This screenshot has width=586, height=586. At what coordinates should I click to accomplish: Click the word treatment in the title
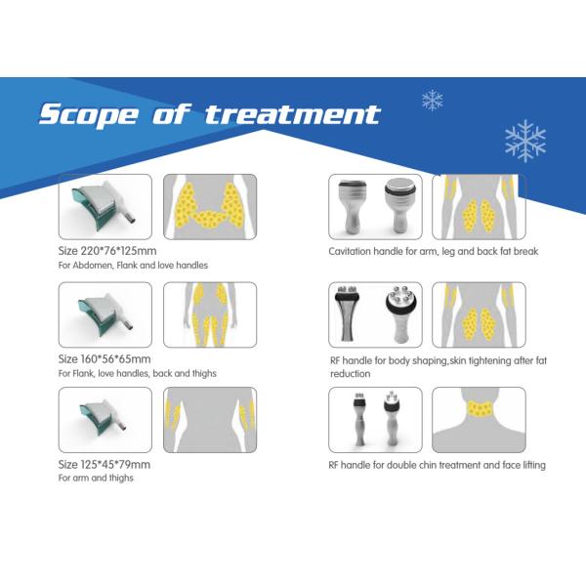pos(292,114)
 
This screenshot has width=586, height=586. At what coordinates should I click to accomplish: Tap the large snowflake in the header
pos(524,141)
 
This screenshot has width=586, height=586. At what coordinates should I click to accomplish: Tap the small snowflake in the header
pos(431,100)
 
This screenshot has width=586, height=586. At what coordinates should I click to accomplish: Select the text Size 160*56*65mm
pos(105,359)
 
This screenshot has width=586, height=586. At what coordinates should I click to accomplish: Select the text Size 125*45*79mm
pos(105,464)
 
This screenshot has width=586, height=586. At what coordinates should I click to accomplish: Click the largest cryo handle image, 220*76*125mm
pos(105,206)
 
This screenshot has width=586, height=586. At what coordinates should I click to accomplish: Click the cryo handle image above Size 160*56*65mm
pos(105,314)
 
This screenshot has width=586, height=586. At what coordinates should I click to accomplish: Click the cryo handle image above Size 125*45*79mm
pos(105,419)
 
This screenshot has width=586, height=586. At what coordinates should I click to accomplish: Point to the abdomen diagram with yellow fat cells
pos(209,206)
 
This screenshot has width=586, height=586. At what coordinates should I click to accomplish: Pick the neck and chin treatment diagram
pos(479,419)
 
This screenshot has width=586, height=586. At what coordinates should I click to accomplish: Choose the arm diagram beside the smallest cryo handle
pos(209,419)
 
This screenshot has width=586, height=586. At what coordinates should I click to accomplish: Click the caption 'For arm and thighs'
pos(95,479)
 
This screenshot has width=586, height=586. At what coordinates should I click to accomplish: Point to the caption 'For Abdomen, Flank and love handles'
pos(133,265)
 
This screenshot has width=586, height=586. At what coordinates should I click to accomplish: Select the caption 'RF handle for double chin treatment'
pos(437,465)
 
